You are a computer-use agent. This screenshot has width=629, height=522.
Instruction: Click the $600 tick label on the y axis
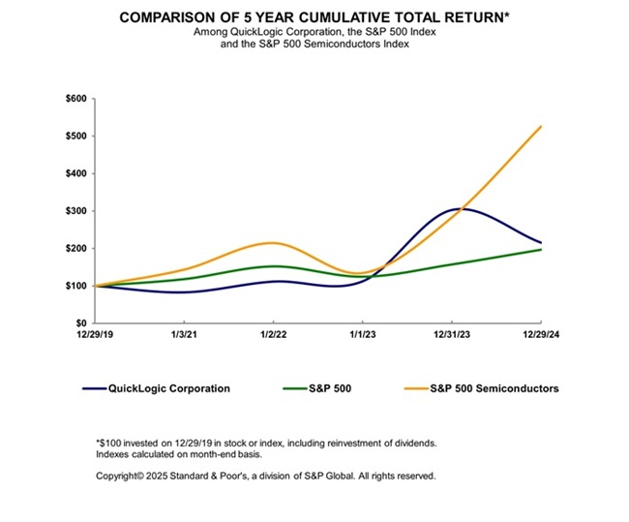(75, 99)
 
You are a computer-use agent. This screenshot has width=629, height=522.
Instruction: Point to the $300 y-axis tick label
(75, 211)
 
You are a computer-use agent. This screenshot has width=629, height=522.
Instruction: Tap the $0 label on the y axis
(82, 323)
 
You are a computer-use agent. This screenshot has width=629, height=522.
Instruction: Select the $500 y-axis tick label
(75, 136)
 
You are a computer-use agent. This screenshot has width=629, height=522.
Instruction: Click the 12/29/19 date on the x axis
(96, 336)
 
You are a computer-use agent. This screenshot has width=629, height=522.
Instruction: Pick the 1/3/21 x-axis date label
(185, 336)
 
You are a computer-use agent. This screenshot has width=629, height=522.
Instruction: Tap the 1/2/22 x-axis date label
(274, 336)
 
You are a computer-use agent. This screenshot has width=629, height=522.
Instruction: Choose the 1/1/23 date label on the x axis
(363, 336)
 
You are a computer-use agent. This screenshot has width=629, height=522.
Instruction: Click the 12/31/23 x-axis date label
(452, 336)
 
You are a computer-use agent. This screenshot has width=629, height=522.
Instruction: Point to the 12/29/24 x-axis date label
(541, 336)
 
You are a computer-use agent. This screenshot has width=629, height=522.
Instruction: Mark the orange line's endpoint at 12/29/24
(541, 126)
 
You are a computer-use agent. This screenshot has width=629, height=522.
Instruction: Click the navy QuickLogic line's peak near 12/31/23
(453, 208)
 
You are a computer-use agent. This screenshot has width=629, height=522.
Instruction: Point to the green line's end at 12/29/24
(541, 249)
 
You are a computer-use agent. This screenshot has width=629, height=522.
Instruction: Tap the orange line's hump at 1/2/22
(274, 243)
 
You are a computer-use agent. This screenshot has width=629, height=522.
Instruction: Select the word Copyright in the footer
(118, 476)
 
